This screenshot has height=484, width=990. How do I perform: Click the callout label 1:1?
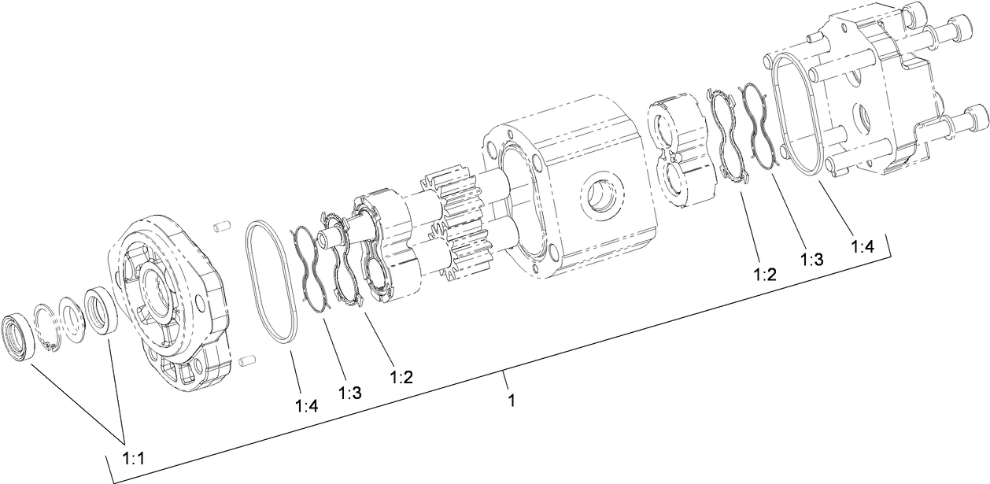pos(138,456)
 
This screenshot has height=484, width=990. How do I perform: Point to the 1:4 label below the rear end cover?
pos(863,246)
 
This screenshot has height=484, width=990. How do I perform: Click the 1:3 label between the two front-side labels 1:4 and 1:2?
pos(350,392)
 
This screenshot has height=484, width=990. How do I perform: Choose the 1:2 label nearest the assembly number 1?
pos(401,377)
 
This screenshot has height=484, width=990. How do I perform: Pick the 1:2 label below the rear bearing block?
pos(765,275)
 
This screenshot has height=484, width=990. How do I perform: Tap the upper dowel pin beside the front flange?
pos(221,227)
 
